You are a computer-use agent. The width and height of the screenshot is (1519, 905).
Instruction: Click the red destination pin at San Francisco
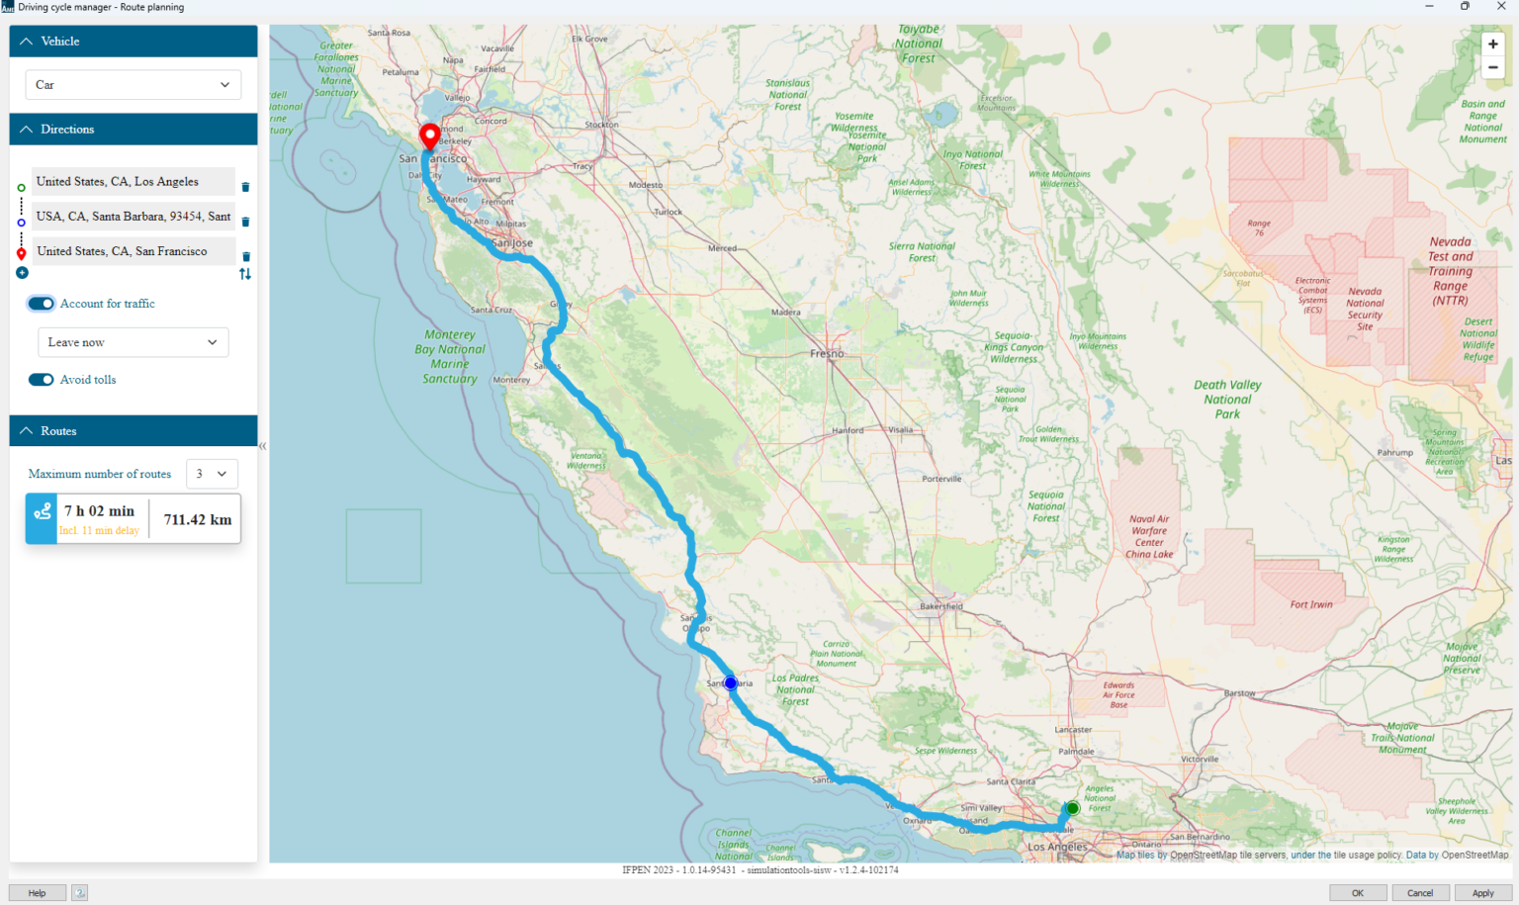click(429, 136)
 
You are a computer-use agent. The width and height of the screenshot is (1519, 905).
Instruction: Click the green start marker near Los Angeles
click(1072, 808)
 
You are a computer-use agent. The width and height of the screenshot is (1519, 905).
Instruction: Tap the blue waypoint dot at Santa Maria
click(730, 682)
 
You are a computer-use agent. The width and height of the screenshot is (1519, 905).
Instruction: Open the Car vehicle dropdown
click(133, 85)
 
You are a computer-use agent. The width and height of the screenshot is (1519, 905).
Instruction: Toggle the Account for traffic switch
click(41, 304)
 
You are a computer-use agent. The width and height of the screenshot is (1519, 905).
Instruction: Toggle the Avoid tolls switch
click(41, 380)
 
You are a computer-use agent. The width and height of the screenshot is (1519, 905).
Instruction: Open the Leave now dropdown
click(133, 342)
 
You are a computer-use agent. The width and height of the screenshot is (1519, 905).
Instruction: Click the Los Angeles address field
click(133, 182)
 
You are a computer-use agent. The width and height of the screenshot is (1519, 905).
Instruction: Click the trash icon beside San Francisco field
click(246, 256)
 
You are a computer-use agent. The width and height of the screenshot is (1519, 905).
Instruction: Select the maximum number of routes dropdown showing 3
click(212, 474)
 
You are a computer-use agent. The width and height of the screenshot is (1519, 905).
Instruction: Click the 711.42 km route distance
click(198, 519)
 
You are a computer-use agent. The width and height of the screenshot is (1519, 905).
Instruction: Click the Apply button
click(1482, 893)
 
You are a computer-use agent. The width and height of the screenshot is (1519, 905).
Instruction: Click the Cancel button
click(1420, 893)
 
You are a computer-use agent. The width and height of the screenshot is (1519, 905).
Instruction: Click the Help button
click(37, 893)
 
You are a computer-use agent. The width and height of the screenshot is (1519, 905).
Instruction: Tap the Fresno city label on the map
click(827, 353)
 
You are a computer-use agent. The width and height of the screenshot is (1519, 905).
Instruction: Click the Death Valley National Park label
click(1227, 400)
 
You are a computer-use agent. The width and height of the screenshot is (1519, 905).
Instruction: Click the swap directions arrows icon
click(245, 274)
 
